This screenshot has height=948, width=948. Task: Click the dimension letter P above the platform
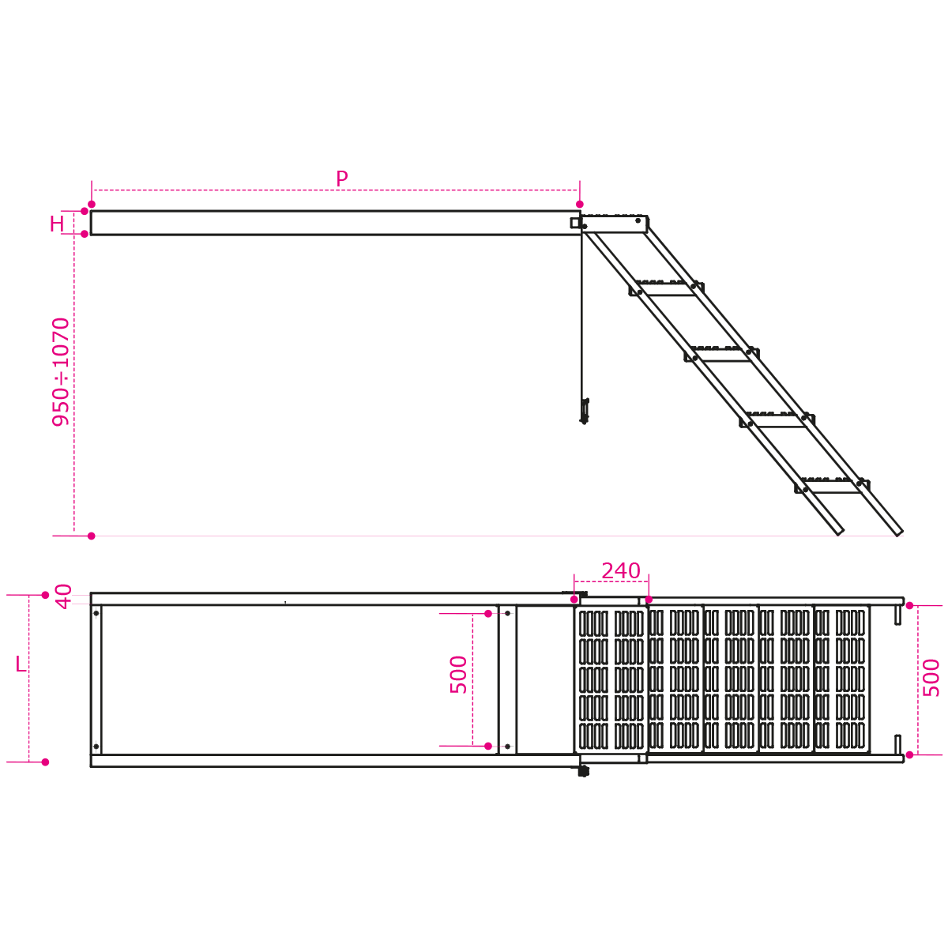click(341, 179)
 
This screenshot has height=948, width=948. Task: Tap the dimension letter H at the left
click(57, 224)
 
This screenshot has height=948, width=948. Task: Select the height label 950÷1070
click(61, 372)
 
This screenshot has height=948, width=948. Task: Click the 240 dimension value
click(620, 571)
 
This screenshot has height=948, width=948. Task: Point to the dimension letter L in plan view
click(21, 664)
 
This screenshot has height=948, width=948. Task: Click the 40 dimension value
click(63, 596)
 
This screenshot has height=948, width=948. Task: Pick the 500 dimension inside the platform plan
click(458, 675)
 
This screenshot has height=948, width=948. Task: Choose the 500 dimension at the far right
click(931, 678)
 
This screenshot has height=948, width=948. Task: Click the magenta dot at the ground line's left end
click(91, 536)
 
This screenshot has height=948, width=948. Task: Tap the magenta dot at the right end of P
click(580, 204)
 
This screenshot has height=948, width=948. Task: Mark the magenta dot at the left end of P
click(92, 204)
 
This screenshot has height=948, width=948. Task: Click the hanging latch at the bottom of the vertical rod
click(585, 412)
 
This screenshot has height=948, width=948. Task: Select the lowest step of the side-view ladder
click(832, 486)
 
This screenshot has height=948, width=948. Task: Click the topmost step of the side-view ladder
click(667, 289)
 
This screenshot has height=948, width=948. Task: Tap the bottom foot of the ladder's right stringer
click(899, 532)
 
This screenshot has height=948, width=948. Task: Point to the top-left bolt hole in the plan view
click(96, 613)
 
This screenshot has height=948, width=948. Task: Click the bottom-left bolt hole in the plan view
click(96, 747)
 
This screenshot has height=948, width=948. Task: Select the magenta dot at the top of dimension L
click(45, 595)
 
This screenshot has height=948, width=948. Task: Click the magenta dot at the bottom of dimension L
click(45, 762)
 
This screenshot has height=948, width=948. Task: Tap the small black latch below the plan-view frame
click(584, 771)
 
